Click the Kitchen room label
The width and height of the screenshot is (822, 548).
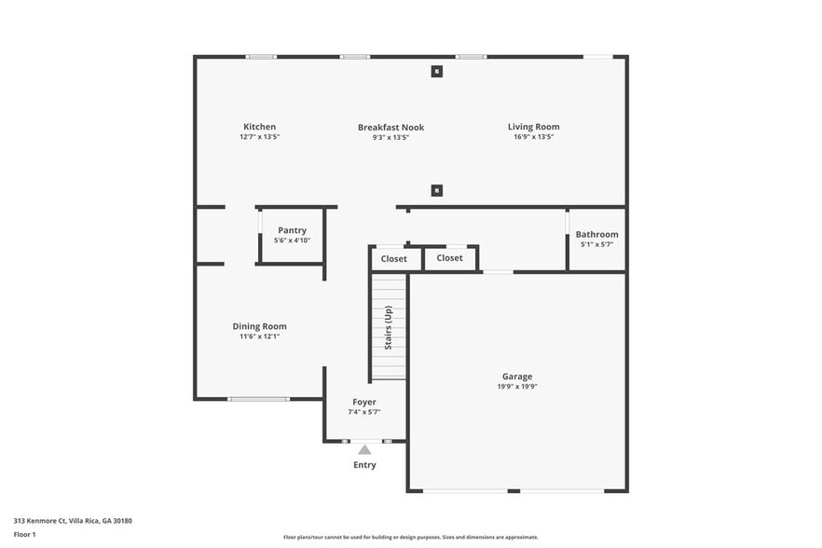[x=259, y=127]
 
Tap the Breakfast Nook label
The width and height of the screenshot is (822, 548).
[x=390, y=127]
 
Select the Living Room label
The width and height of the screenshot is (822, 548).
[x=533, y=127]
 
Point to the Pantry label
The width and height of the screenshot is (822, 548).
[x=292, y=230]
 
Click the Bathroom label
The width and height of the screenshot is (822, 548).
[x=596, y=235]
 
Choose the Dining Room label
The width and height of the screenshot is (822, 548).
[x=259, y=326]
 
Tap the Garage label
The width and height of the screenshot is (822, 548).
[x=517, y=377]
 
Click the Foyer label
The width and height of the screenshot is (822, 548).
[x=364, y=402]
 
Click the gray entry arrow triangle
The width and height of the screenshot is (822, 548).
[x=364, y=449]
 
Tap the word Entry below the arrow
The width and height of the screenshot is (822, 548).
[x=364, y=465]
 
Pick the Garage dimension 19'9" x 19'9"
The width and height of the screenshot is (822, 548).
[x=517, y=387]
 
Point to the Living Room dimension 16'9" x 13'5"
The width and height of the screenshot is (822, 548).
[x=533, y=137]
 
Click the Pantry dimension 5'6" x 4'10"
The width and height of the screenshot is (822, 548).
[x=292, y=240]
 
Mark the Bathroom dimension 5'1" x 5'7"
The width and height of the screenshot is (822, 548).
[x=596, y=244]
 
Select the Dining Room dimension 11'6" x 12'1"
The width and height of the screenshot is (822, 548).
[x=259, y=336]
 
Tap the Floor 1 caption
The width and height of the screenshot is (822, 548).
[x=24, y=534]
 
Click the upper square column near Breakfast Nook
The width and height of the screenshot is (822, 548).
[x=436, y=71]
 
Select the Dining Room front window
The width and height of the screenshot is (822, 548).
[x=259, y=399]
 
